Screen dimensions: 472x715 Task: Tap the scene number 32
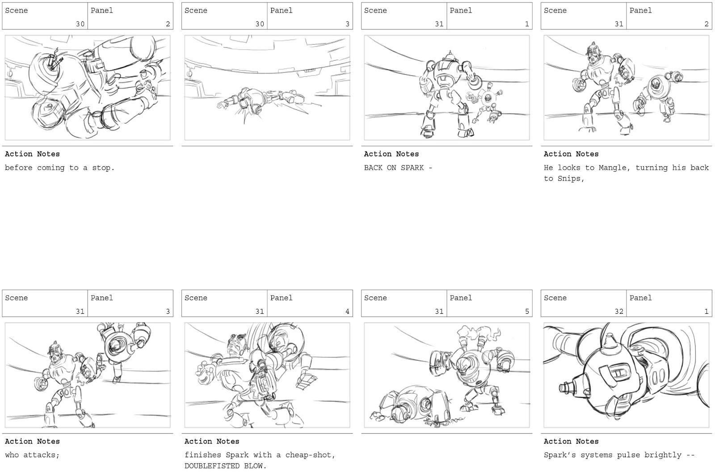coord(618,312)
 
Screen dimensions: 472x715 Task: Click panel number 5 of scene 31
coord(527,312)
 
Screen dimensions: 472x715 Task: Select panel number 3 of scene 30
coord(347,24)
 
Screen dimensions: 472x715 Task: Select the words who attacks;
coord(32,455)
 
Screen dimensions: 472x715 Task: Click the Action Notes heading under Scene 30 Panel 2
coord(32,154)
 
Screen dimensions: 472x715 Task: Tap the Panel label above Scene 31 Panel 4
coord(281,298)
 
